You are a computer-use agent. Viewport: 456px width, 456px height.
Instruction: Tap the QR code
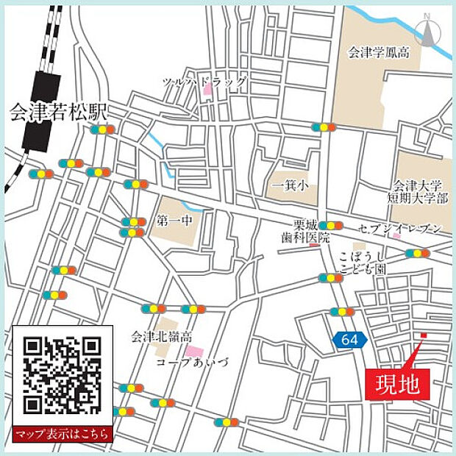pyautogui.click(x=62, y=374)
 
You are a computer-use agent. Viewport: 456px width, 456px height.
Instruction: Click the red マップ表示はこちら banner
pyautogui.click(x=63, y=433)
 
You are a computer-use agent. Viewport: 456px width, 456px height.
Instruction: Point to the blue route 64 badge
pyautogui.click(x=349, y=340)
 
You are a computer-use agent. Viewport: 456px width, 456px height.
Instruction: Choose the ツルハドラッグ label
pyautogui.click(x=205, y=82)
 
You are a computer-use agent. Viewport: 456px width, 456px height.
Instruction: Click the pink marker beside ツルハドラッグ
pyautogui.click(x=207, y=90)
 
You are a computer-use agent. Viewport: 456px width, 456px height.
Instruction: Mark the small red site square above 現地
pyautogui.click(x=423, y=336)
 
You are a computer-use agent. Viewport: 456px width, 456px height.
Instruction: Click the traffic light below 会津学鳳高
pyautogui.click(x=324, y=127)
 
